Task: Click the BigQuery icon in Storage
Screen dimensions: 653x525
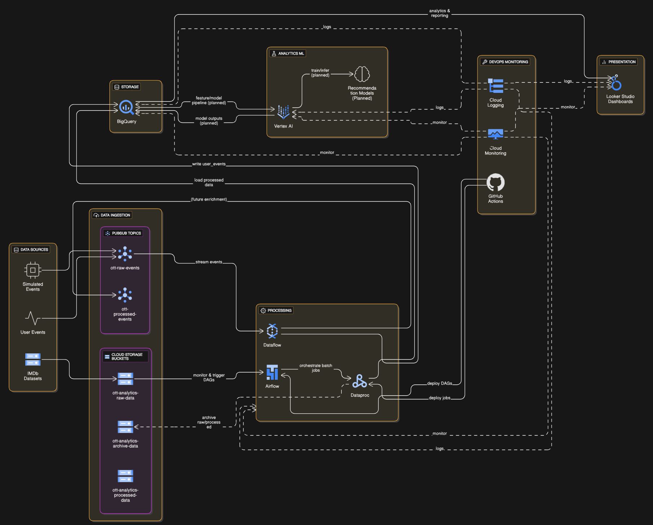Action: pos(126,107)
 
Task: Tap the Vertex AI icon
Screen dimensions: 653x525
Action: pos(283,112)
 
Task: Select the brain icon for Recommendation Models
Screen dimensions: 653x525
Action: pos(362,74)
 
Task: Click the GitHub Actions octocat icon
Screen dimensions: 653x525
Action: pos(496,182)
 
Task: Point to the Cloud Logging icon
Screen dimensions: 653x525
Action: pos(496,86)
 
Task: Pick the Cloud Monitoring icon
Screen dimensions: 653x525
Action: pos(496,134)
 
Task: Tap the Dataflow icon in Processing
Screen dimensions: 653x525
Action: pos(272,331)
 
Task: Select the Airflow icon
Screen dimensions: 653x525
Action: pos(272,372)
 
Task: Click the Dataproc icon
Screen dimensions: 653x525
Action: pos(360,381)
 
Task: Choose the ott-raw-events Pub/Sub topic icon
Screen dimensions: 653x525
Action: pos(125,254)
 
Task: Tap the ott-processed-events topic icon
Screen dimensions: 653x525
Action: pos(125,295)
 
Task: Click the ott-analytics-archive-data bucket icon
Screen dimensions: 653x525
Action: pos(125,427)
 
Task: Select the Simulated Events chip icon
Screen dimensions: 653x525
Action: pos(33,270)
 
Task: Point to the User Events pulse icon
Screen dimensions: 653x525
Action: pos(33,318)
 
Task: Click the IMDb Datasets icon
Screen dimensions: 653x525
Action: pos(33,360)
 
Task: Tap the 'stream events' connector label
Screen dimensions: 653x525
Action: pos(209,262)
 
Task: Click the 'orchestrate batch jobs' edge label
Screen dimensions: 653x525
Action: pos(316,368)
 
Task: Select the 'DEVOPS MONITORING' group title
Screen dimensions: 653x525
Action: pos(509,62)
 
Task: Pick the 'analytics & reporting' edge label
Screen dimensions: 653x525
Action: pos(440,13)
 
